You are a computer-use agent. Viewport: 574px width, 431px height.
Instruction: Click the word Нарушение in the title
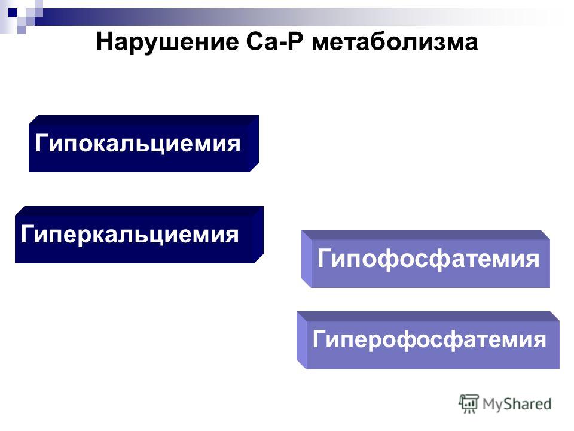coord(167,43)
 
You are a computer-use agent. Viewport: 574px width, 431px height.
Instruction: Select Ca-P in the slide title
coord(274,42)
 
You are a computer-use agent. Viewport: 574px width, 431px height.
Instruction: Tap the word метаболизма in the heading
coord(395,43)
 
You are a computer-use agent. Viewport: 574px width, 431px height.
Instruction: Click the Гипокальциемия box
coord(144,144)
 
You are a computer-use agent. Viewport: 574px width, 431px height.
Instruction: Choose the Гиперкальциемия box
coord(139,235)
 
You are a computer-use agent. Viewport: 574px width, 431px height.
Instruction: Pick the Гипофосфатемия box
coord(425,259)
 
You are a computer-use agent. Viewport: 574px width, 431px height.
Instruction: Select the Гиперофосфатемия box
coord(428,340)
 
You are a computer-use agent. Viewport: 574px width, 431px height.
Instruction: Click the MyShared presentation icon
coord(469,403)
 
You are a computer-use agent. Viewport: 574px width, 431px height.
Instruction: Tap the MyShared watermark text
coord(517,404)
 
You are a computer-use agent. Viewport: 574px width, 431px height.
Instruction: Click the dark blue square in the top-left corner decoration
coord(13,14)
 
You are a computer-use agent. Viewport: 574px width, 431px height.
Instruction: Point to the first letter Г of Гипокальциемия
coord(42,142)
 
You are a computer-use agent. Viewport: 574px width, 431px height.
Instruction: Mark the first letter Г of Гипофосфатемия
coord(323,259)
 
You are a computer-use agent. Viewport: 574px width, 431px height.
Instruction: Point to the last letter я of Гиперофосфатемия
coord(539,341)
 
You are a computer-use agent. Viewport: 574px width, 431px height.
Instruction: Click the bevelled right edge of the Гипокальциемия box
coord(254,144)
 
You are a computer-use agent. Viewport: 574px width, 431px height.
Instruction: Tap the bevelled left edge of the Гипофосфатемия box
coord(306,259)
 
